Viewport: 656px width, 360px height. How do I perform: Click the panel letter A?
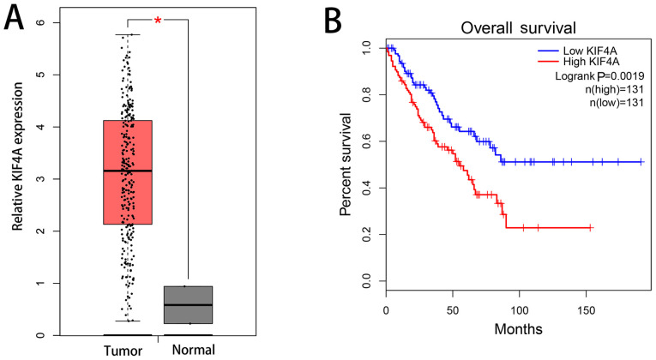[13, 18]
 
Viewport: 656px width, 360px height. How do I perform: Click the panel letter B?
[352, 18]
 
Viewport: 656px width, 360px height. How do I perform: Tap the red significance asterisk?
[158, 21]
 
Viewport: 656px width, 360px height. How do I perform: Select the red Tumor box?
[127, 172]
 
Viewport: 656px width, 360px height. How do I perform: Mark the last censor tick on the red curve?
[590, 227]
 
